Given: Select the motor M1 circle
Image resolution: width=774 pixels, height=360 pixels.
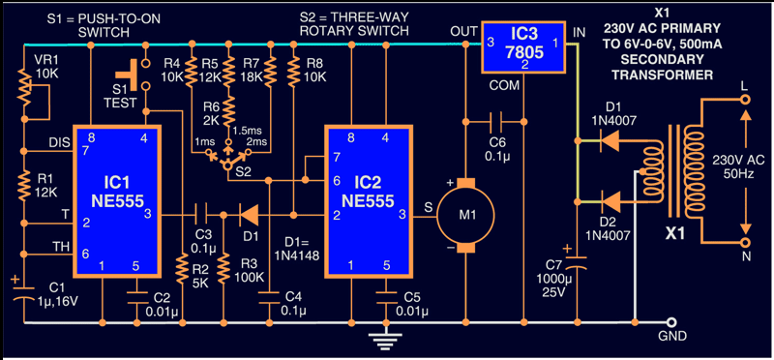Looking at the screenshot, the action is click(x=465, y=214).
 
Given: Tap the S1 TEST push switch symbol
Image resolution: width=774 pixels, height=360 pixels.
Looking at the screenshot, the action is click(x=133, y=75).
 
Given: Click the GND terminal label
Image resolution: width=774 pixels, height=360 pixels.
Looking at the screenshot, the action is click(x=671, y=337).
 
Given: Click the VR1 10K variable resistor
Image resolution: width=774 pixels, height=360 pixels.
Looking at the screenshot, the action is click(x=30, y=94).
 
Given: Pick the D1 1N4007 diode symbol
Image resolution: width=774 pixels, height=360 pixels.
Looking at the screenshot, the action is click(x=610, y=141).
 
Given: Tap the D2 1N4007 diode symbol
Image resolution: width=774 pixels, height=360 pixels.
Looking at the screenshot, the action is click(x=610, y=201).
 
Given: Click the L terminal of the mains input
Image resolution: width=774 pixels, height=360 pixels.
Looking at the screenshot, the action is click(x=745, y=100).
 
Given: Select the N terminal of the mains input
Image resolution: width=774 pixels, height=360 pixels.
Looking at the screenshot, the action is click(x=745, y=243).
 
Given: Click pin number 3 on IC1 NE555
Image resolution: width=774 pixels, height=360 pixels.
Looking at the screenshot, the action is click(x=147, y=213).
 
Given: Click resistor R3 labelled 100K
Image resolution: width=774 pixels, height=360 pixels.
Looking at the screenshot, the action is click(x=223, y=268).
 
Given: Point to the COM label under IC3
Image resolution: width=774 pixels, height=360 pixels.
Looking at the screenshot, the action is click(x=505, y=85).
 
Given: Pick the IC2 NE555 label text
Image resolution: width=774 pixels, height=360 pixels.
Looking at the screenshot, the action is click(x=367, y=192).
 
